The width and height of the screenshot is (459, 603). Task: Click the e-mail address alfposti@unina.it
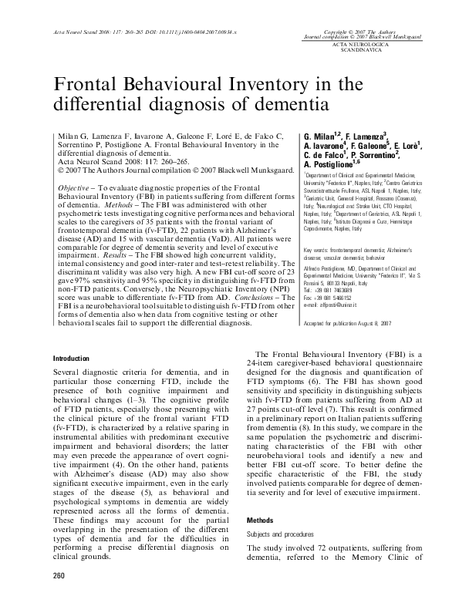coord(332,285)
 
